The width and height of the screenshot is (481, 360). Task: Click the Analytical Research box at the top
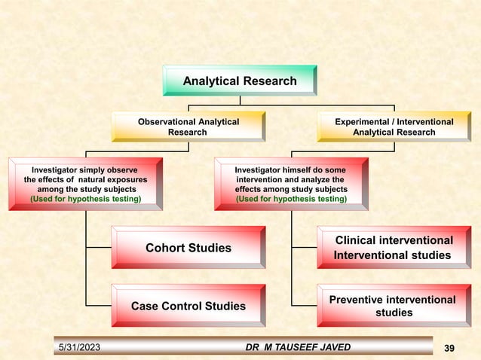point(240,81)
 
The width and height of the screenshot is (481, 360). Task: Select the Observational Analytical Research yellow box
point(188,127)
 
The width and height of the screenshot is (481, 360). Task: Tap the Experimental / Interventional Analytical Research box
point(394,127)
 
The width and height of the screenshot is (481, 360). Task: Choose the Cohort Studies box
point(188,248)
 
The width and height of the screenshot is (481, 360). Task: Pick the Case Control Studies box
point(188,306)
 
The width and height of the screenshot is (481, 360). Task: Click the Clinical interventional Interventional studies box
point(394,248)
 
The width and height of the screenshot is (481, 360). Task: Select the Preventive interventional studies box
point(394,306)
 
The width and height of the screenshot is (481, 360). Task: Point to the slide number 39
point(450,347)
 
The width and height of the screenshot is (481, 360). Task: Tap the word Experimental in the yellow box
point(364,121)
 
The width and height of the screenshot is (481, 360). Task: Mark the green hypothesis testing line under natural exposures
point(85,200)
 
